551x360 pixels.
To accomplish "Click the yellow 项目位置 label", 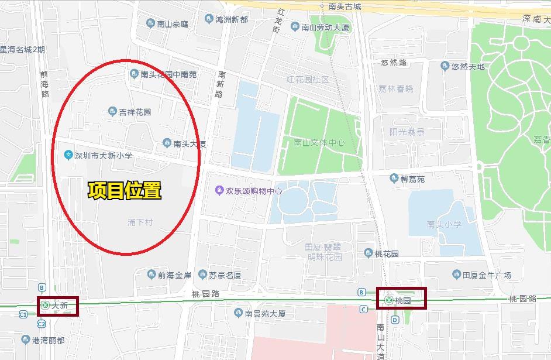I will tap(124, 191).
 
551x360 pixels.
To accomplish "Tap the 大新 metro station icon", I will tap(45, 305).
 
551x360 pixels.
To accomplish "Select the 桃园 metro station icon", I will tap(389, 300).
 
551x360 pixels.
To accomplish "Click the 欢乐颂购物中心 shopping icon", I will tap(219, 190).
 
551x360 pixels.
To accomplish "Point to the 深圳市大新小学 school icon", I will tap(68, 155).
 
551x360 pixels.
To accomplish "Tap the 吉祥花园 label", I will tap(135, 112).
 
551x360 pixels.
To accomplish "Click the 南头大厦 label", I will tap(189, 143).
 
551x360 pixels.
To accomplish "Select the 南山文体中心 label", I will tap(319, 143).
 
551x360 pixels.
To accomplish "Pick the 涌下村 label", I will tap(140, 222).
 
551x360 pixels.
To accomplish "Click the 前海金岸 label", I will tap(174, 275).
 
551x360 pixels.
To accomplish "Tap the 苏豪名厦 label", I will tap(225, 275).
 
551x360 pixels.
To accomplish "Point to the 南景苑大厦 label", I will tap(265, 313).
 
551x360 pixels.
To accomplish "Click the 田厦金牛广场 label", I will tap(487, 275).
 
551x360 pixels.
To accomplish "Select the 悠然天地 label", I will tap(468, 66).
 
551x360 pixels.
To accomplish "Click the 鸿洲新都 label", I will tap(232, 19).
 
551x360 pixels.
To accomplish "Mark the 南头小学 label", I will tap(444, 224).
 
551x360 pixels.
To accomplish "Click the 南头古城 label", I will tap(345, 7).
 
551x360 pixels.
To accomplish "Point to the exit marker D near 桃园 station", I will tap(395, 320).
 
